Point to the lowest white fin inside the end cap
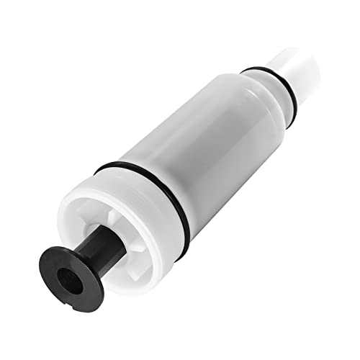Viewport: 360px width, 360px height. click(x=108, y=274)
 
